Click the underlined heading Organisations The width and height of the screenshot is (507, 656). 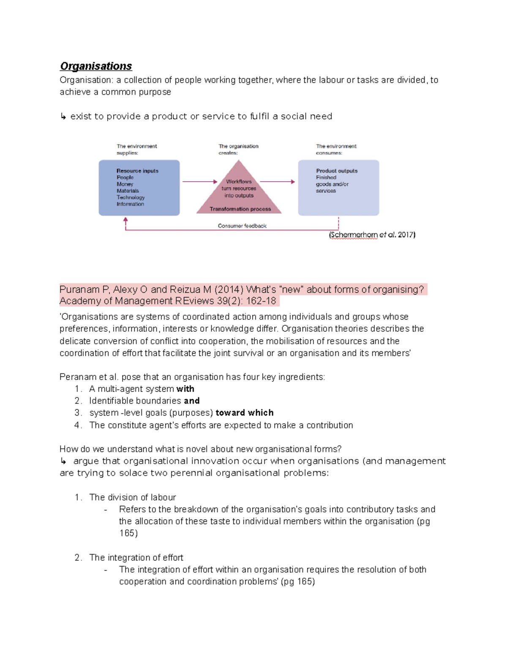point(96,66)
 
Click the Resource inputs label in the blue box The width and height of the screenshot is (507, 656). point(137,171)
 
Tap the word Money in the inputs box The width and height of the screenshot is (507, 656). point(125,184)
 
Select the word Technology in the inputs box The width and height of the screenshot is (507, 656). point(131,197)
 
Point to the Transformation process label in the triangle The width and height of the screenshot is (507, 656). point(240,209)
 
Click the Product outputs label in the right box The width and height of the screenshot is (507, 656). point(337,171)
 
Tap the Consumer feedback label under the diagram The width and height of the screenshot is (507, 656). point(242,226)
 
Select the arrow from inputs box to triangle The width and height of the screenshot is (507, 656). point(199,182)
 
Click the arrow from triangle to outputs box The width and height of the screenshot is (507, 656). point(277,182)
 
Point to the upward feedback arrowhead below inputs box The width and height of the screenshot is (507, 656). point(125,220)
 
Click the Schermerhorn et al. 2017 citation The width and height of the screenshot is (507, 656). point(372,235)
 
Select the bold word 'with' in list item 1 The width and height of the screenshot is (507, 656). point(185,389)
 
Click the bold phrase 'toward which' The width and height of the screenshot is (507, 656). point(244,413)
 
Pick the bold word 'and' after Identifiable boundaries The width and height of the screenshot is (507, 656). point(191,401)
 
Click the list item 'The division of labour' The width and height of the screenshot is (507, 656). point(132,497)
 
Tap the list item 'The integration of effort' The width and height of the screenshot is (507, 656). point(136,558)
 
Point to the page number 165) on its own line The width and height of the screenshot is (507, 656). point(128,533)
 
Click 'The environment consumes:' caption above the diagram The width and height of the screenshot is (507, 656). point(336,150)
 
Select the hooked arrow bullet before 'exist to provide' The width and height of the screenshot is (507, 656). point(63,117)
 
